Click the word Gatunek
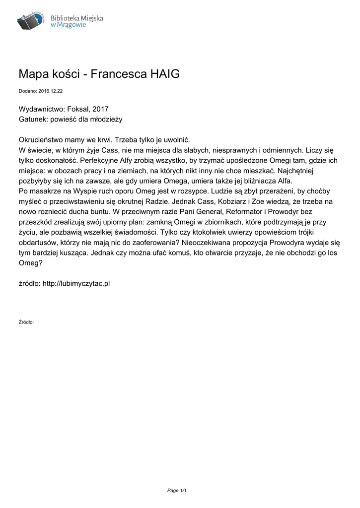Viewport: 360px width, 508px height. [x=34, y=119]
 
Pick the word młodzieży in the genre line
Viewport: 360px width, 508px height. [x=106, y=119]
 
